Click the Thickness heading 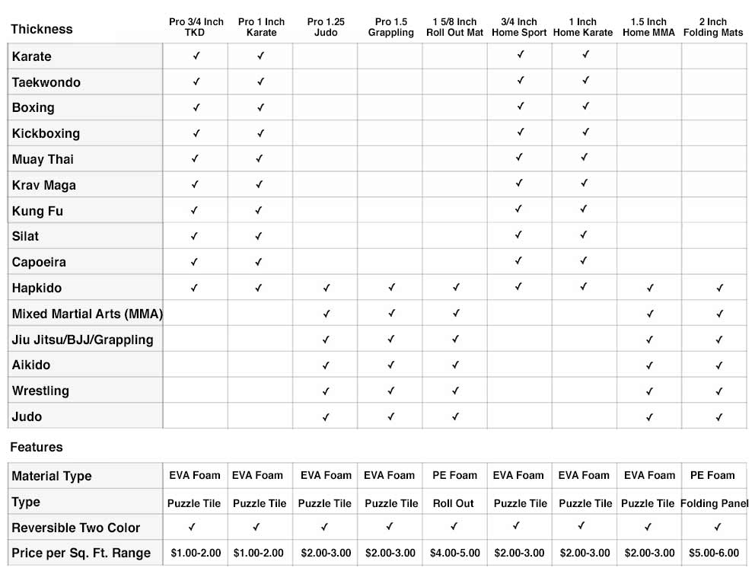42,29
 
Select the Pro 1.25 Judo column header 326,27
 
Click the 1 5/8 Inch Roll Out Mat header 454,27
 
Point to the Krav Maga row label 44,185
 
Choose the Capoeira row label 39,262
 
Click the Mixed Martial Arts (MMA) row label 88,314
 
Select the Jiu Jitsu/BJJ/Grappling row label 82,340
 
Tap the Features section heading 36,447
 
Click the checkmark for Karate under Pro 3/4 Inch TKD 196,56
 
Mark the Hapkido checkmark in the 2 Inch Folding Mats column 719,289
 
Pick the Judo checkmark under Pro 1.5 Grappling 390,417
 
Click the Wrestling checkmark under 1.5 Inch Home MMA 649,391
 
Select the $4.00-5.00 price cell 455,553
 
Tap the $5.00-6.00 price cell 713,553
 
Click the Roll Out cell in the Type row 454,503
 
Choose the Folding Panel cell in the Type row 714,503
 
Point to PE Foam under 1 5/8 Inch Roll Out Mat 454,475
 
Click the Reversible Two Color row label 76,528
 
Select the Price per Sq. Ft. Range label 81,553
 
